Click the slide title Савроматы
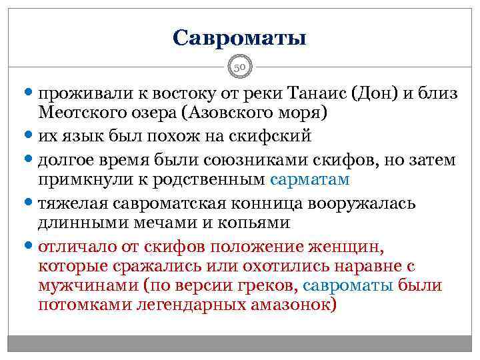239,37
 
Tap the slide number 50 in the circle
240,67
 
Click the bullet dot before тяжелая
31,202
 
